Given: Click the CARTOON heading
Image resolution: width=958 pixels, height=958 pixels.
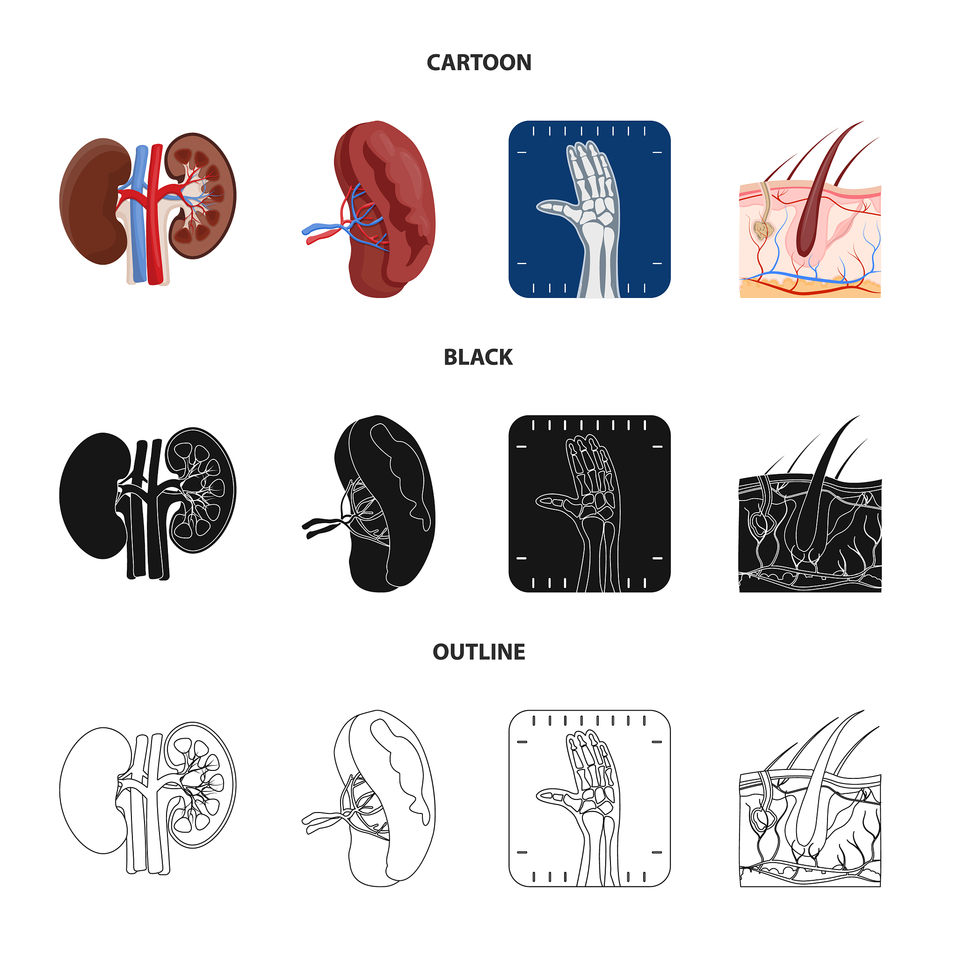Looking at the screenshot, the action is point(479,63).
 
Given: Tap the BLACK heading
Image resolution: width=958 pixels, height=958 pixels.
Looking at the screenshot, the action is point(478,357).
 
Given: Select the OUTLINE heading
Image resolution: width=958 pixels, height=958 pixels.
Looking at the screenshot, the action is point(479,652).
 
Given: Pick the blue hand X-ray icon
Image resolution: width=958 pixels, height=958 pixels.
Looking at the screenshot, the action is point(589,209).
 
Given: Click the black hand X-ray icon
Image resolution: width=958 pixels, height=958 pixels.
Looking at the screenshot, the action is point(589,504).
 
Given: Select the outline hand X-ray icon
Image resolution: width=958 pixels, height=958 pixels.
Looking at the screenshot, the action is point(589,798).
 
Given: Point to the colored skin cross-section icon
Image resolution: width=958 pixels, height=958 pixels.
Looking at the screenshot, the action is point(810,209).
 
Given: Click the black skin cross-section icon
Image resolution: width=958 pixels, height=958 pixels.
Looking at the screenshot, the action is point(810,504).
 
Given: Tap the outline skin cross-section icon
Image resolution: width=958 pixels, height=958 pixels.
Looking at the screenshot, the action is point(810,798).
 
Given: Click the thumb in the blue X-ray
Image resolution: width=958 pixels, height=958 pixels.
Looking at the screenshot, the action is point(558,208).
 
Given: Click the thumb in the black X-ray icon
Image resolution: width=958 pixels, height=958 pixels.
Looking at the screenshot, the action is point(558,503).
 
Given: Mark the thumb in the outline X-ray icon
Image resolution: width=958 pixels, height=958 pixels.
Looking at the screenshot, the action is point(558,798).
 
